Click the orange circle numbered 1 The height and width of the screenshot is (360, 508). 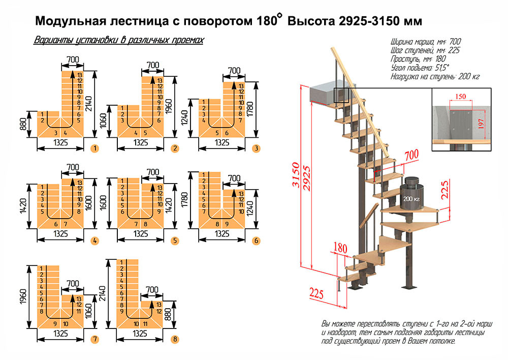[94, 149]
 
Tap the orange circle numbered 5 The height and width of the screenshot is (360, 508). [174, 241]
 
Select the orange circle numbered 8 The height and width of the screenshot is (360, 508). [175, 339]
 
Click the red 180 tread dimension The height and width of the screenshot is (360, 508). [340, 248]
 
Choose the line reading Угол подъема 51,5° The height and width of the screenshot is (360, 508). [420, 68]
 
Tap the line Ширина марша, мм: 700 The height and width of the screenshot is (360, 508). [426, 42]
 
